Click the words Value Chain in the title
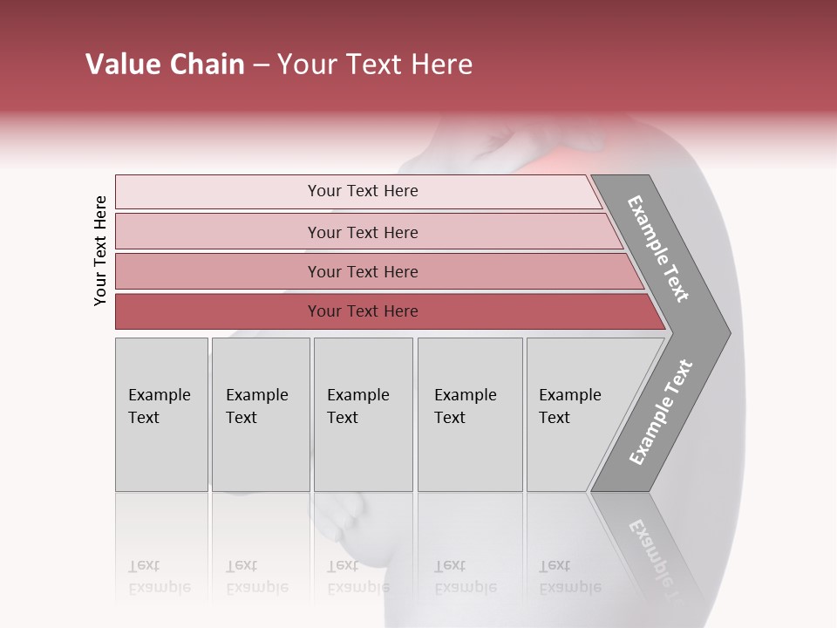click(x=165, y=65)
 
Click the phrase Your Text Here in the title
click(x=375, y=65)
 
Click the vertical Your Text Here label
click(x=100, y=250)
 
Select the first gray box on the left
click(x=161, y=414)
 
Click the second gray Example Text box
click(x=260, y=414)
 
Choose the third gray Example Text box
click(x=362, y=414)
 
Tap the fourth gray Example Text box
click(x=469, y=414)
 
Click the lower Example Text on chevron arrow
click(x=661, y=413)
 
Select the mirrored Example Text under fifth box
click(x=569, y=577)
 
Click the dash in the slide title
click(x=260, y=65)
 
